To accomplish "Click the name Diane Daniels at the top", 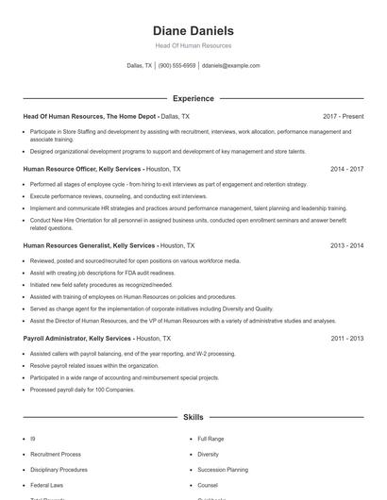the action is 193,30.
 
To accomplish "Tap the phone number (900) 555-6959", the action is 177,66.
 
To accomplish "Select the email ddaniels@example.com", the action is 231,66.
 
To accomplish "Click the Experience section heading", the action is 193,98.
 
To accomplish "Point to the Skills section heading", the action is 193,416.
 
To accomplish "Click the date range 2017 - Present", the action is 343,116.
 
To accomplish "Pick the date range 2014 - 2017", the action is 346,169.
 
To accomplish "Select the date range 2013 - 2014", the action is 346,245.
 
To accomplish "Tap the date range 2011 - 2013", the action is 346,338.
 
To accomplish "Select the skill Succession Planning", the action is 223,469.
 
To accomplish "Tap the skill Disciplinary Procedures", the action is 59,469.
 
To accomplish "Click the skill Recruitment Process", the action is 56,454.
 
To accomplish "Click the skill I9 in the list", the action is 33,439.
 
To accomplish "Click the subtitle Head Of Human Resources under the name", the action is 193,45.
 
